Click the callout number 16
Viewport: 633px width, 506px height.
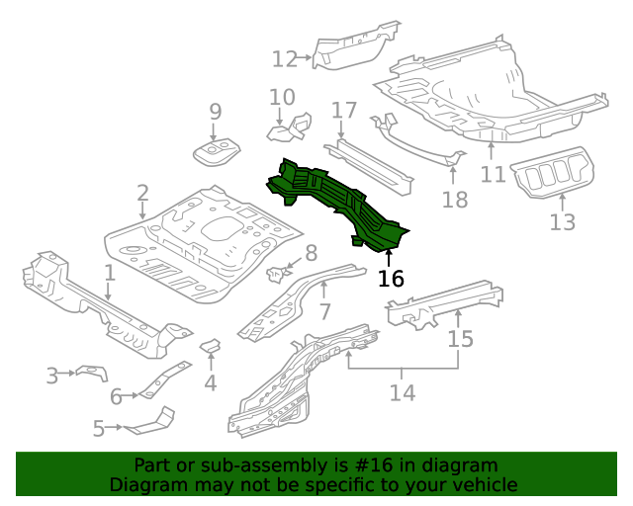coord(392,279)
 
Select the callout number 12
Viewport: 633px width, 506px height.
coord(285,59)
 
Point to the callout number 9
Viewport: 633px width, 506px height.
coord(215,113)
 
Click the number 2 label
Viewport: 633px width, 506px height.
coord(142,193)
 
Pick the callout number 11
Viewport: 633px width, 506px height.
coord(493,175)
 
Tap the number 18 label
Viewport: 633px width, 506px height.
coord(454,201)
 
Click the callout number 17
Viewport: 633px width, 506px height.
coord(343,110)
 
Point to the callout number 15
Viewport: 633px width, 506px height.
coord(461,339)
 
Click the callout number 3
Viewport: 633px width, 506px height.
coord(52,375)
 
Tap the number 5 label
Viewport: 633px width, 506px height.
coord(99,428)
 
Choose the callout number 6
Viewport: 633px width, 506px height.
coord(116,396)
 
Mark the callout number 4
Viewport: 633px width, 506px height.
coord(210,382)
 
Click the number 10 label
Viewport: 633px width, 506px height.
coord(282,97)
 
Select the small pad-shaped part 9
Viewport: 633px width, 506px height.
coord(217,152)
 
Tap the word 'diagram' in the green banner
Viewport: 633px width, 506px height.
coord(459,465)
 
